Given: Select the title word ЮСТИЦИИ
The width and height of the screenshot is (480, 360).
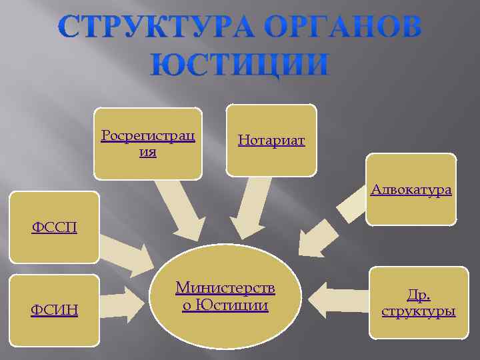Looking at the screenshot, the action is click(x=240, y=65).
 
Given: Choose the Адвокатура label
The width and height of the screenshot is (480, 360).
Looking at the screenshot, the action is click(x=411, y=190).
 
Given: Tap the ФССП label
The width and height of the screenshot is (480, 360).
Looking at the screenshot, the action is click(x=54, y=228).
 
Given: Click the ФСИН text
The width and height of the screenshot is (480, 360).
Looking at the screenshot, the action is click(x=54, y=309).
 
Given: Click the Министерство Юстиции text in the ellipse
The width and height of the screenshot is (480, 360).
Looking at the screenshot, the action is click(x=225, y=297).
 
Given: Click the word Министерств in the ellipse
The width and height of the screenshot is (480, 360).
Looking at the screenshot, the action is click(x=225, y=288).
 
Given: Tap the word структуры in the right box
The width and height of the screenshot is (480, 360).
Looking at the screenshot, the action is click(x=418, y=311).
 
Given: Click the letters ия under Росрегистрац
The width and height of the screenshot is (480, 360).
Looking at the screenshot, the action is click(x=147, y=152).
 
